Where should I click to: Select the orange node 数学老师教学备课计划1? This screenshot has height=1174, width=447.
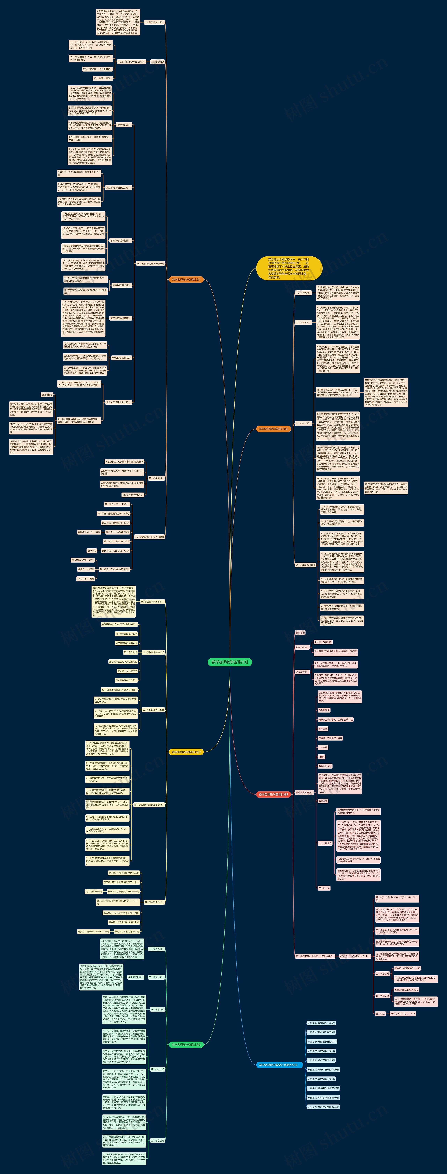186,279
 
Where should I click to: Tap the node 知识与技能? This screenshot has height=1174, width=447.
302,647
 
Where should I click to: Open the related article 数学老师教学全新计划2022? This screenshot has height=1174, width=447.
323,1041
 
